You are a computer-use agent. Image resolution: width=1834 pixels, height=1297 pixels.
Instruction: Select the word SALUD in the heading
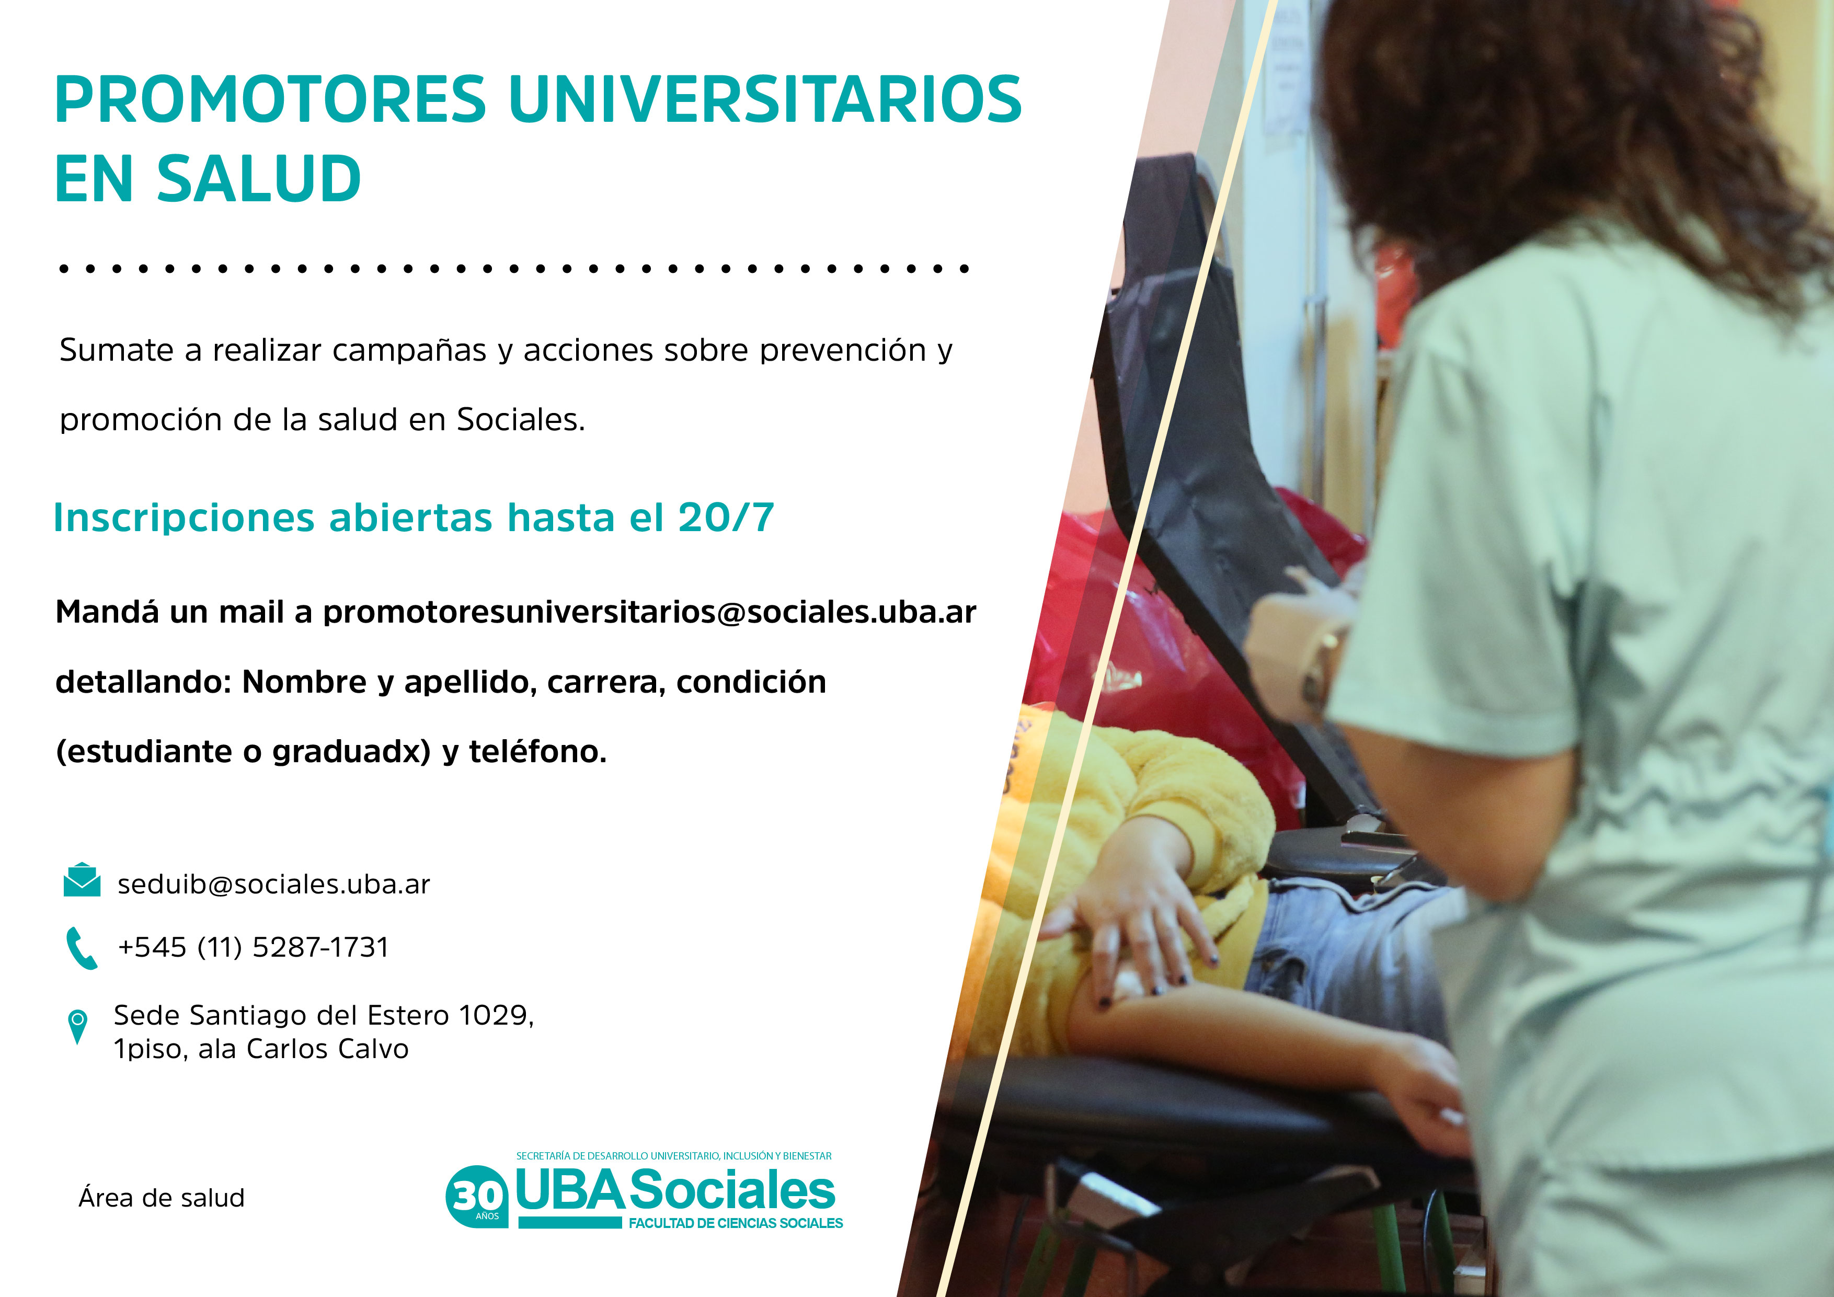(259, 179)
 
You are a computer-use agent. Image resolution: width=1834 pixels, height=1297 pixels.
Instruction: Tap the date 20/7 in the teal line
(726, 518)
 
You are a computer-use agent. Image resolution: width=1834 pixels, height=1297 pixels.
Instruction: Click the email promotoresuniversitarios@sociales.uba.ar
(649, 612)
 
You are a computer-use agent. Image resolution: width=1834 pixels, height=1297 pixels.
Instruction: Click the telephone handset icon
(82, 948)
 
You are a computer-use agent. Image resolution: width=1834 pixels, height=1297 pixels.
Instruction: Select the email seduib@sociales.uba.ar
(273, 884)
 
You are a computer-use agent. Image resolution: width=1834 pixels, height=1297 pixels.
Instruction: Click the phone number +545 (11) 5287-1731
(253, 947)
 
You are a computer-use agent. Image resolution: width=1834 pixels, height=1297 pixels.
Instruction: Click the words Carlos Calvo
(327, 1049)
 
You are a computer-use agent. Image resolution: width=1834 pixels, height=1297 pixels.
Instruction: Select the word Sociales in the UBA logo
(732, 1190)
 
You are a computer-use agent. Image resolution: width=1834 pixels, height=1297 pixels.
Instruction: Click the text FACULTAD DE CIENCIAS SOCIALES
(736, 1223)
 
